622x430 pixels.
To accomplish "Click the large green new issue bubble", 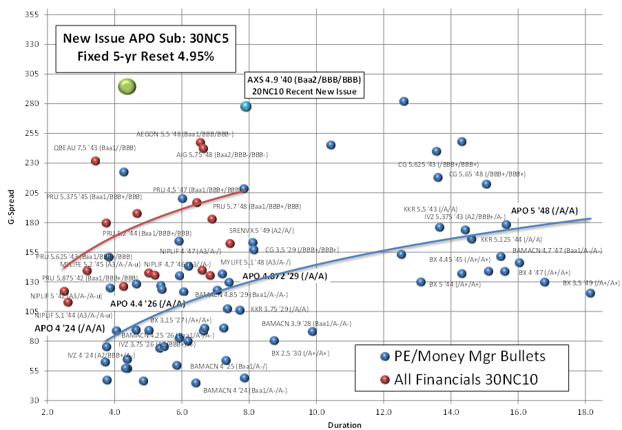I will coord(127,86).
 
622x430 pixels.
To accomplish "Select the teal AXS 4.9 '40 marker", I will coord(246,106).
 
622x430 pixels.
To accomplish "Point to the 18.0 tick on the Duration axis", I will coord(585,412).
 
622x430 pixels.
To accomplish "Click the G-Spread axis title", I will coord(8,206).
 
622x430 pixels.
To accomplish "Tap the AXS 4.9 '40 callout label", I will coord(304,85).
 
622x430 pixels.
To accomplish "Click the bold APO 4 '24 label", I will coord(65,328).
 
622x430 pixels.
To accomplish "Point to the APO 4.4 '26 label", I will coord(147,303).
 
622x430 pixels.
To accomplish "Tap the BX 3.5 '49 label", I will coord(586,283).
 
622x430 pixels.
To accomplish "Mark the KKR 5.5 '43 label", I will coord(431,209).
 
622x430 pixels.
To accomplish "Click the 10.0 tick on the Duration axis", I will coord(317,412).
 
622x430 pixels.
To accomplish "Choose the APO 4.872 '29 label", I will coord(284,276).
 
